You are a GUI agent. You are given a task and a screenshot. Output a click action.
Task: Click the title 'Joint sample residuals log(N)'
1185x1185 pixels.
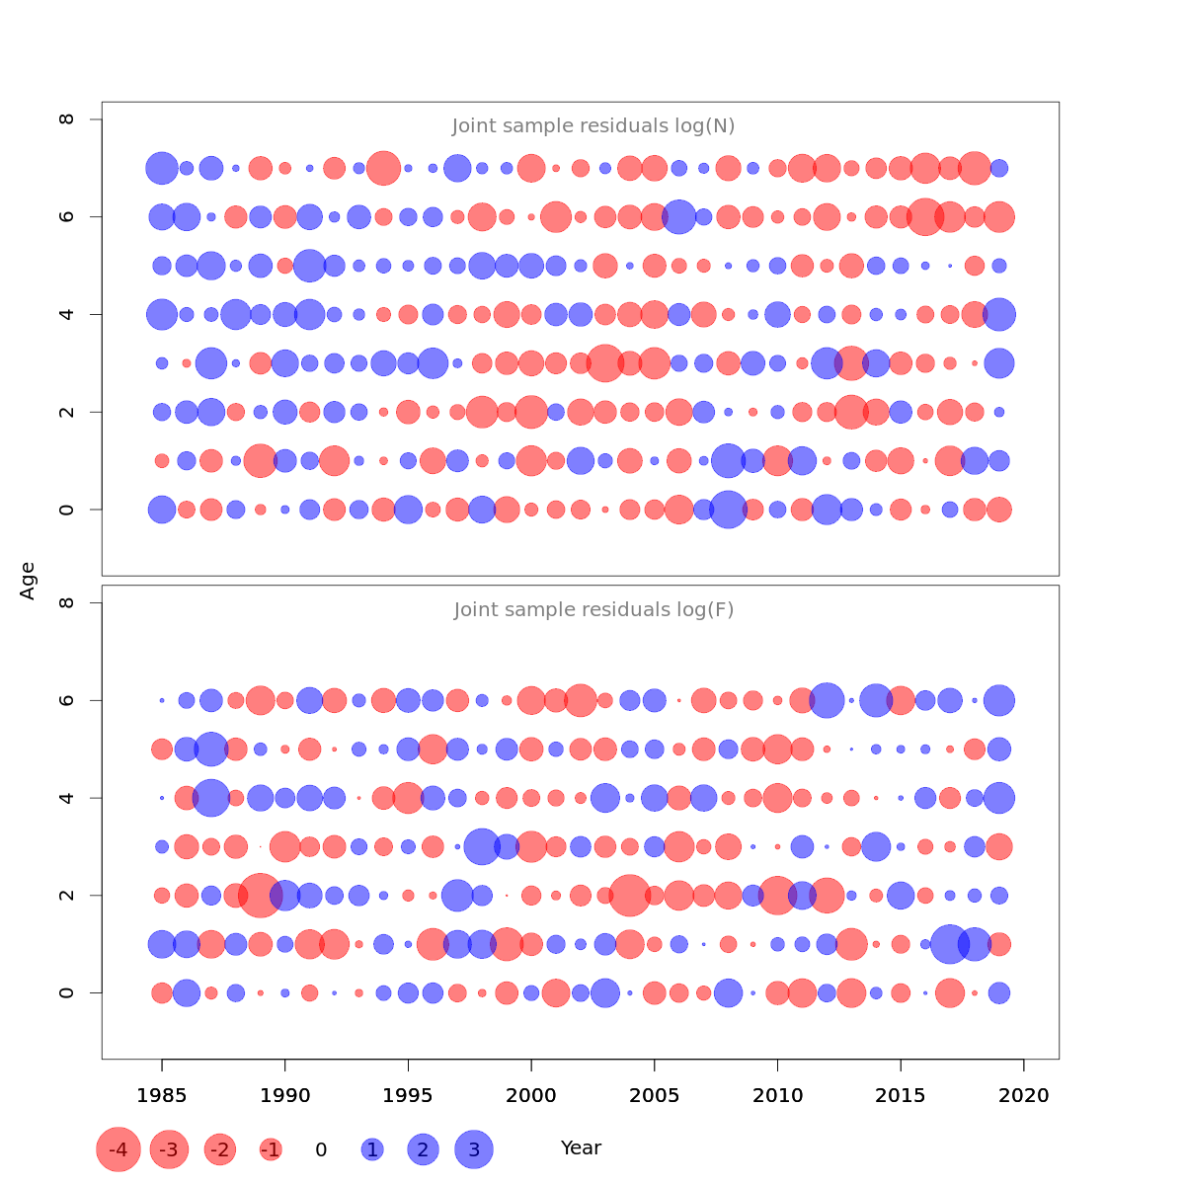[593, 126]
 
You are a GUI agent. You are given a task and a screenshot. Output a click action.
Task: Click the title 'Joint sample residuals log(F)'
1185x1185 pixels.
[593, 610]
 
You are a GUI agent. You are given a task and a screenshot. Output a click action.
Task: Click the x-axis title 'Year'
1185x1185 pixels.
[581, 1148]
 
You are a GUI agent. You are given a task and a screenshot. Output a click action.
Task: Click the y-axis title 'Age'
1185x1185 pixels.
[29, 581]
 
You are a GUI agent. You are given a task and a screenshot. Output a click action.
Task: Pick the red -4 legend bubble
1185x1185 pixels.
[118, 1149]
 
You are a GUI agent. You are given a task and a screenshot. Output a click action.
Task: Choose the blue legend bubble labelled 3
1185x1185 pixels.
[474, 1149]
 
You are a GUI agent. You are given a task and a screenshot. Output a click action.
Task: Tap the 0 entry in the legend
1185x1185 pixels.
[321, 1149]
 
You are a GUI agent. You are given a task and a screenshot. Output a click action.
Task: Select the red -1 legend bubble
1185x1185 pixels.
[271, 1149]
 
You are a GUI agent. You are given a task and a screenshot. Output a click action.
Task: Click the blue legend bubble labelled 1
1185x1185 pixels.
[372, 1149]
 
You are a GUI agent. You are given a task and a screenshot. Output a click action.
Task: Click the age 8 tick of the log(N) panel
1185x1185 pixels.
[67, 119]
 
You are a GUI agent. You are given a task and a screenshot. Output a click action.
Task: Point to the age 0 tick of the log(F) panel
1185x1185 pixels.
[67, 992]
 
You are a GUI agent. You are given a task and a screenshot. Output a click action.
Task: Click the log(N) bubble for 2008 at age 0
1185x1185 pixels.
[728, 510]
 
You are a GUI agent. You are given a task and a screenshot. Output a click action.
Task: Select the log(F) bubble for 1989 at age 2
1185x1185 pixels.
[261, 896]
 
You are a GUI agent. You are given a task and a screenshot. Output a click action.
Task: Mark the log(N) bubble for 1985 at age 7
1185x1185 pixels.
[162, 168]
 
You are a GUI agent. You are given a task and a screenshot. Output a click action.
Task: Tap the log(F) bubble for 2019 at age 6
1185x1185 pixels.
[999, 700]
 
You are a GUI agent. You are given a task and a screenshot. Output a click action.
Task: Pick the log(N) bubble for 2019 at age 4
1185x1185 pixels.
[999, 315]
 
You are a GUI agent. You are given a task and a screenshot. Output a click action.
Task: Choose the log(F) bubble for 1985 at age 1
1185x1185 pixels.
[162, 945]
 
